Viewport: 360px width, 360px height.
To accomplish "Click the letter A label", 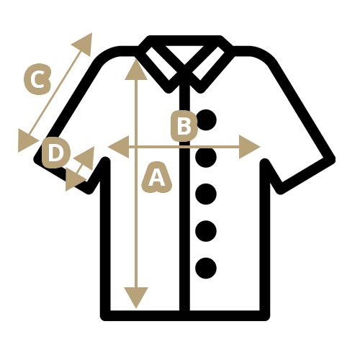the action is (x=157, y=177).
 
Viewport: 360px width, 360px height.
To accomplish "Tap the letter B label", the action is (x=184, y=126).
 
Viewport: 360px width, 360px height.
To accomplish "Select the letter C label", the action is (x=37, y=79).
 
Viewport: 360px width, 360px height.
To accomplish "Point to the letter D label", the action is (x=56, y=153).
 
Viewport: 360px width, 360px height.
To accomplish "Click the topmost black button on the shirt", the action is (x=207, y=120).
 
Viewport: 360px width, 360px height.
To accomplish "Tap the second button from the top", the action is (x=206, y=157).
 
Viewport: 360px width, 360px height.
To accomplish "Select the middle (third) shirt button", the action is (x=206, y=194).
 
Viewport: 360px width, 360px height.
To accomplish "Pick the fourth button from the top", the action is (x=206, y=231).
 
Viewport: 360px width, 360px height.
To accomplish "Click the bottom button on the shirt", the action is (x=206, y=268).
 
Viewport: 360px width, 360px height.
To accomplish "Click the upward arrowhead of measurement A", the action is (x=136, y=71).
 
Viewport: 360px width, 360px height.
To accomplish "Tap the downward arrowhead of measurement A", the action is (x=136, y=297).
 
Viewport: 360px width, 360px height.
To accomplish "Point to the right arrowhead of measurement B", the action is (x=248, y=147).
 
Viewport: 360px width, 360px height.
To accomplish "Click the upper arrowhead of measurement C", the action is (x=84, y=43).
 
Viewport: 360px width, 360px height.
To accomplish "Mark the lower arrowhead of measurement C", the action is (x=26, y=140).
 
